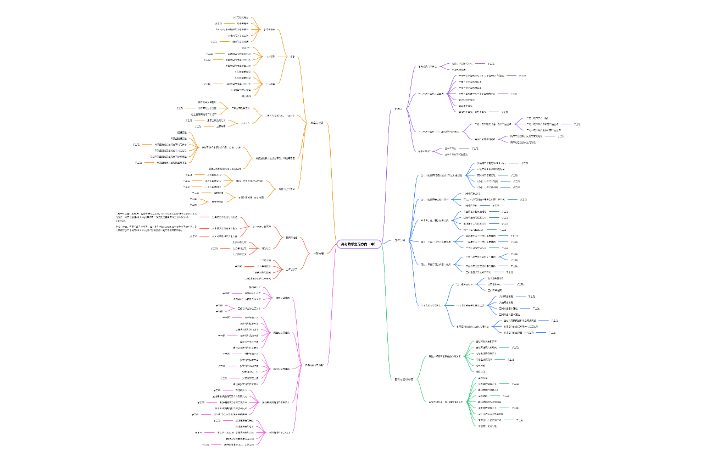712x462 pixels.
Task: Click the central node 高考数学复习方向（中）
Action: pyautogui.click(x=358, y=244)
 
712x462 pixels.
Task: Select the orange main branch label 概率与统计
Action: pyautogui.click(x=317, y=123)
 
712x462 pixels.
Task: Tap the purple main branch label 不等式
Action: pyautogui.click(x=398, y=109)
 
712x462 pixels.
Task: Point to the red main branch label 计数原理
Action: pyautogui.click(x=318, y=254)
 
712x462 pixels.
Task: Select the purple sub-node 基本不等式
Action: pyautogui.click(x=423, y=151)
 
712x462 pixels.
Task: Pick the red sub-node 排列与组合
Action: pyautogui.click(x=292, y=238)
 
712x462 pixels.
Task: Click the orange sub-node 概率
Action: pyautogui.click(x=293, y=56)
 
